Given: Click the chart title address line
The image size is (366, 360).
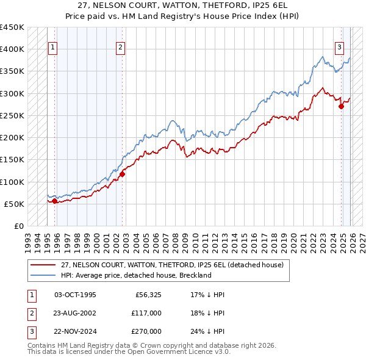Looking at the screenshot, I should coord(183,5).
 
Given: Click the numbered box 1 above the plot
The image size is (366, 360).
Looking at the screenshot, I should coord(52,47).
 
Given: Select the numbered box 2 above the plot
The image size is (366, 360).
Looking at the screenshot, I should coord(121,47).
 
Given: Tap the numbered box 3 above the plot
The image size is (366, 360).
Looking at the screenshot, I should coord(339,47).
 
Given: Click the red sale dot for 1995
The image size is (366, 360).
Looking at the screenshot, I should coord(55,201).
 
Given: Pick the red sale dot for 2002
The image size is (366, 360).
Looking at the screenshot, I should coord(123,174).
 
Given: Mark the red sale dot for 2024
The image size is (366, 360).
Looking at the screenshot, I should coord(342,106).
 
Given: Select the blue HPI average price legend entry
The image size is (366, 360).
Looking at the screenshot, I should coord(135,275).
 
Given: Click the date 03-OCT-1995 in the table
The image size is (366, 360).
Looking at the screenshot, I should coord(75,295).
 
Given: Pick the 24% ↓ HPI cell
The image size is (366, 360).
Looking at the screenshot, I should coord(207,331).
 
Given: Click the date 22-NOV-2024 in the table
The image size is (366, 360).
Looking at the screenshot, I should coord(75,331).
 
